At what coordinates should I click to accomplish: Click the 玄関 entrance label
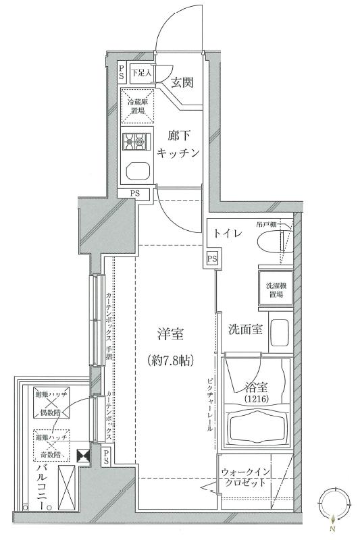[x=181, y=82]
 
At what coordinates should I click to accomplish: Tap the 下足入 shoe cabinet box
[x=140, y=72]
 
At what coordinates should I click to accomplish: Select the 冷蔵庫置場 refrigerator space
[x=138, y=106]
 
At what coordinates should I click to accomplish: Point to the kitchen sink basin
[x=138, y=170]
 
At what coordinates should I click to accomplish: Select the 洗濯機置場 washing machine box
[x=274, y=290]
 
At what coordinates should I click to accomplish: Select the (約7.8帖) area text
[x=170, y=360]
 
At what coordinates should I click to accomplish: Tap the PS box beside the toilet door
[x=212, y=259]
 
